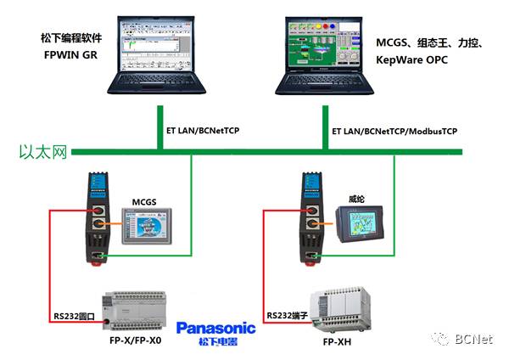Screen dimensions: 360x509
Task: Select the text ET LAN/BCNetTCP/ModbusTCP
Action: pyautogui.click(x=394, y=132)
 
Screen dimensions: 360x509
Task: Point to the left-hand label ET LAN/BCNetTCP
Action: pyautogui.click(x=200, y=132)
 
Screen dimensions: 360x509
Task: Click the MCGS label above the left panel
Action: pyautogui.click(x=145, y=200)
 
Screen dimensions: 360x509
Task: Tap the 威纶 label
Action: pyautogui.click(x=357, y=198)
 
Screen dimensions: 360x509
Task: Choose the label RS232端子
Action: pyautogui.click(x=287, y=315)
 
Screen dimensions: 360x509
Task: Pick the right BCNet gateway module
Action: pyautogui.click(x=310, y=217)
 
